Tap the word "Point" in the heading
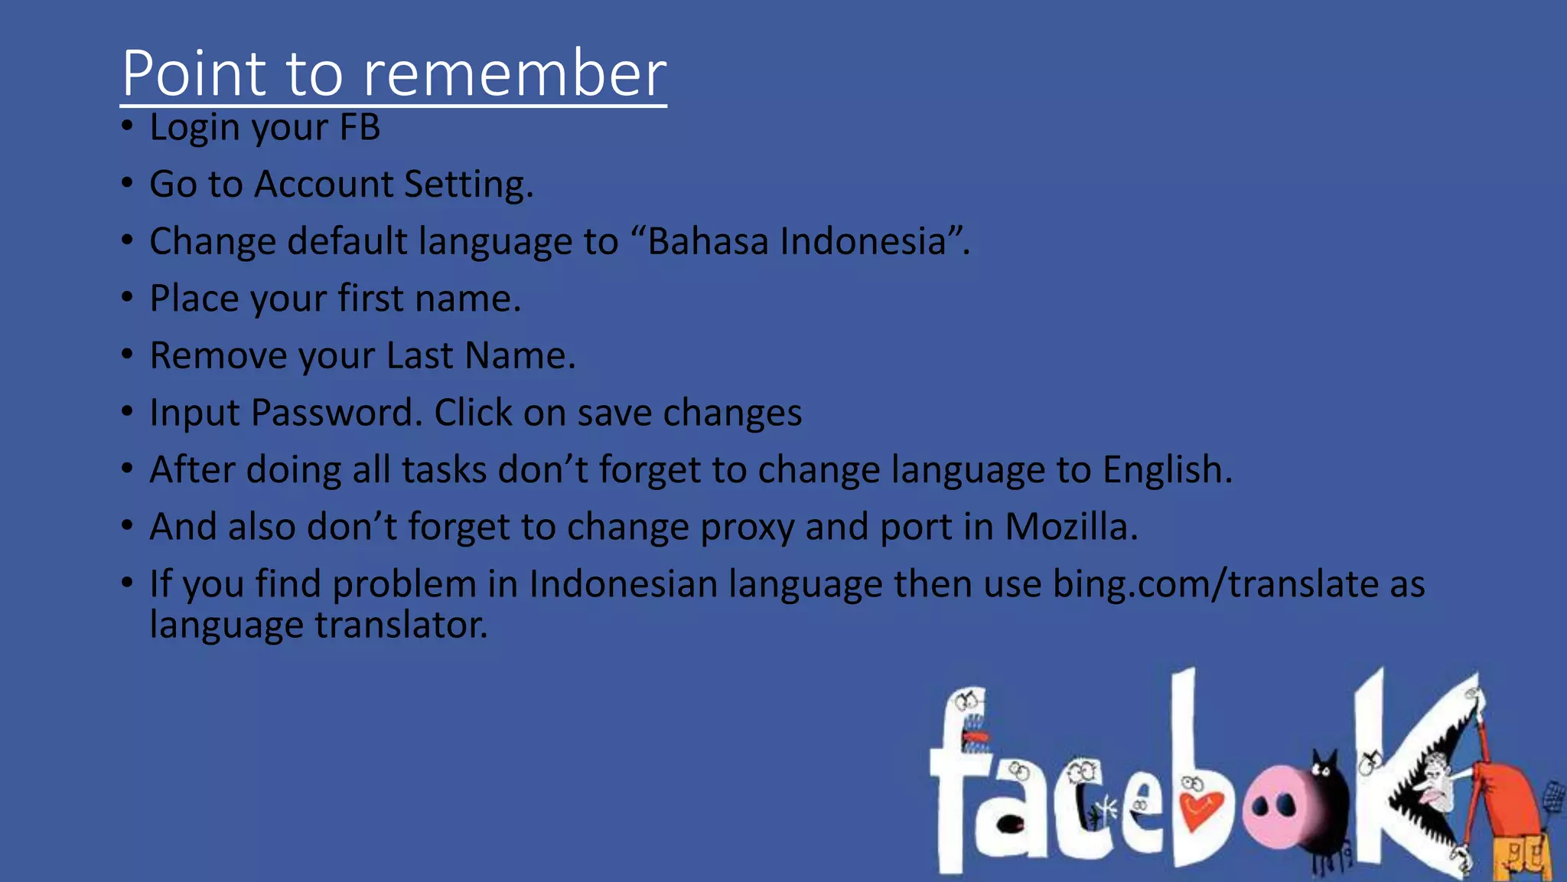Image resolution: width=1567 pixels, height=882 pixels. (x=194, y=73)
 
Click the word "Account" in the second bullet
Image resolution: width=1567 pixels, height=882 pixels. (x=324, y=185)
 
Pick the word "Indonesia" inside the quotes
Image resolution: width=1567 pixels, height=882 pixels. (x=863, y=241)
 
